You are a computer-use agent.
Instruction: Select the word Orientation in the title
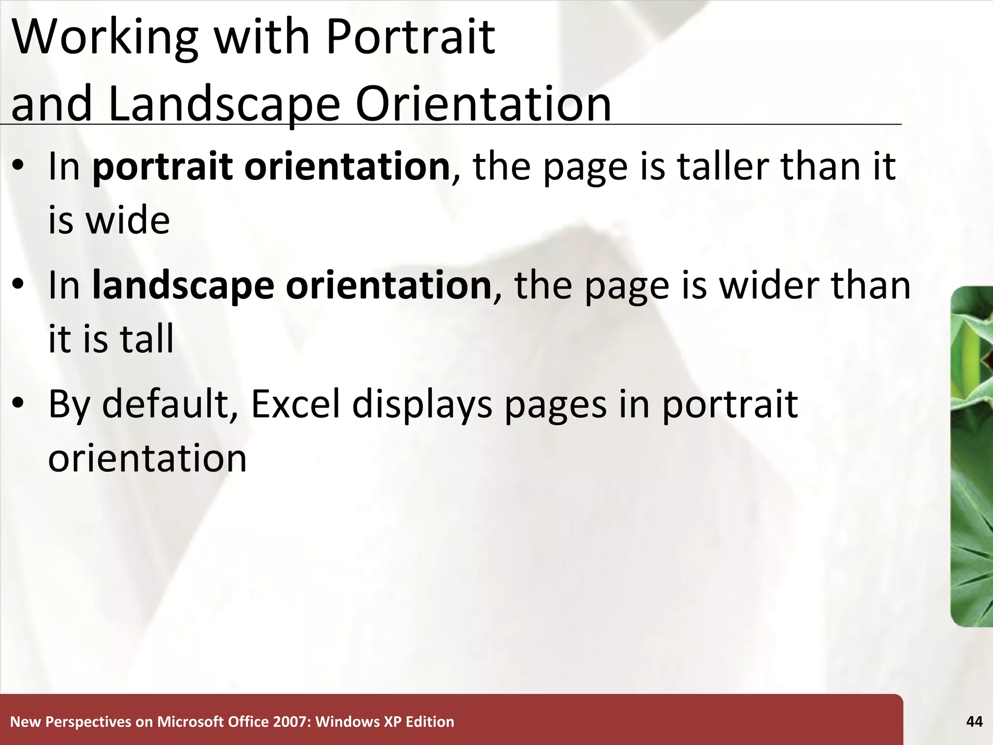(483, 104)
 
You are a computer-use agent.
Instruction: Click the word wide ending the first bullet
(128, 221)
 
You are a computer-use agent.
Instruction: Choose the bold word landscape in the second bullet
(183, 285)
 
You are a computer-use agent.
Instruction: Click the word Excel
(296, 404)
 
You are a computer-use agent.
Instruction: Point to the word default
(165, 404)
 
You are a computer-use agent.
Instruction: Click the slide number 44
(974, 722)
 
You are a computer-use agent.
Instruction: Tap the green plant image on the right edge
(973, 456)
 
